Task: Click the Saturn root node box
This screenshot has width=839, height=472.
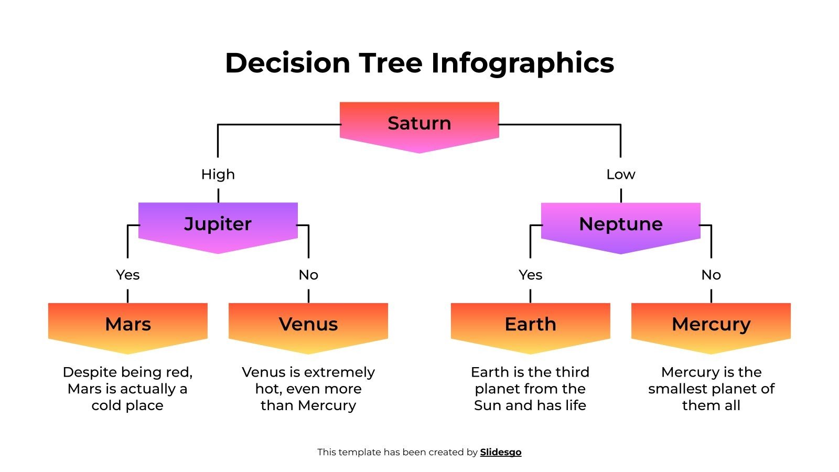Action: click(x=419, y=124)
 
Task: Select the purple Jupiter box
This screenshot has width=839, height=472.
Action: click(x=218, y=224)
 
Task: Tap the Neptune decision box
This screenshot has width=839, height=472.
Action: click(x=620, y=224)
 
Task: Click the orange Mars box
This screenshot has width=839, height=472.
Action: click(x=127, y=325)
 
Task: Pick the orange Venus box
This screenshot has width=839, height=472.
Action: click(x=308, y=325)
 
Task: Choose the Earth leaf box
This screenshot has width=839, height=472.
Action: click(x=530, y=325)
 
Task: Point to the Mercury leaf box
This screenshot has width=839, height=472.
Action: click(x=711, y=325)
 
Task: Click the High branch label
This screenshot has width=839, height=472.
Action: click(x=218, y=174)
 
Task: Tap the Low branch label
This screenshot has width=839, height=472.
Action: click(x=620, y=174)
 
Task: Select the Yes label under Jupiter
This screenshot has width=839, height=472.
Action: click(x=127, y=275)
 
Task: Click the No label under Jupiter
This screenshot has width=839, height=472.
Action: click(x=308, y=275)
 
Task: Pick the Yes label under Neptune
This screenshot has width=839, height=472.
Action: click(x=530, y=275)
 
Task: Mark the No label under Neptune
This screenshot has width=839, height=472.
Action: click(x=711, y=275)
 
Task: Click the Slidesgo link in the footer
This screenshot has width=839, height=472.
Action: click(x=500, y=452)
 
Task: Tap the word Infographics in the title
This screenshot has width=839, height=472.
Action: click(x=522, y=63)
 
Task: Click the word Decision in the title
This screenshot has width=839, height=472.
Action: click(x=287, y=63)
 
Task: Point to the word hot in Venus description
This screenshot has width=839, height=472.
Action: click(x=268, y=389)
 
